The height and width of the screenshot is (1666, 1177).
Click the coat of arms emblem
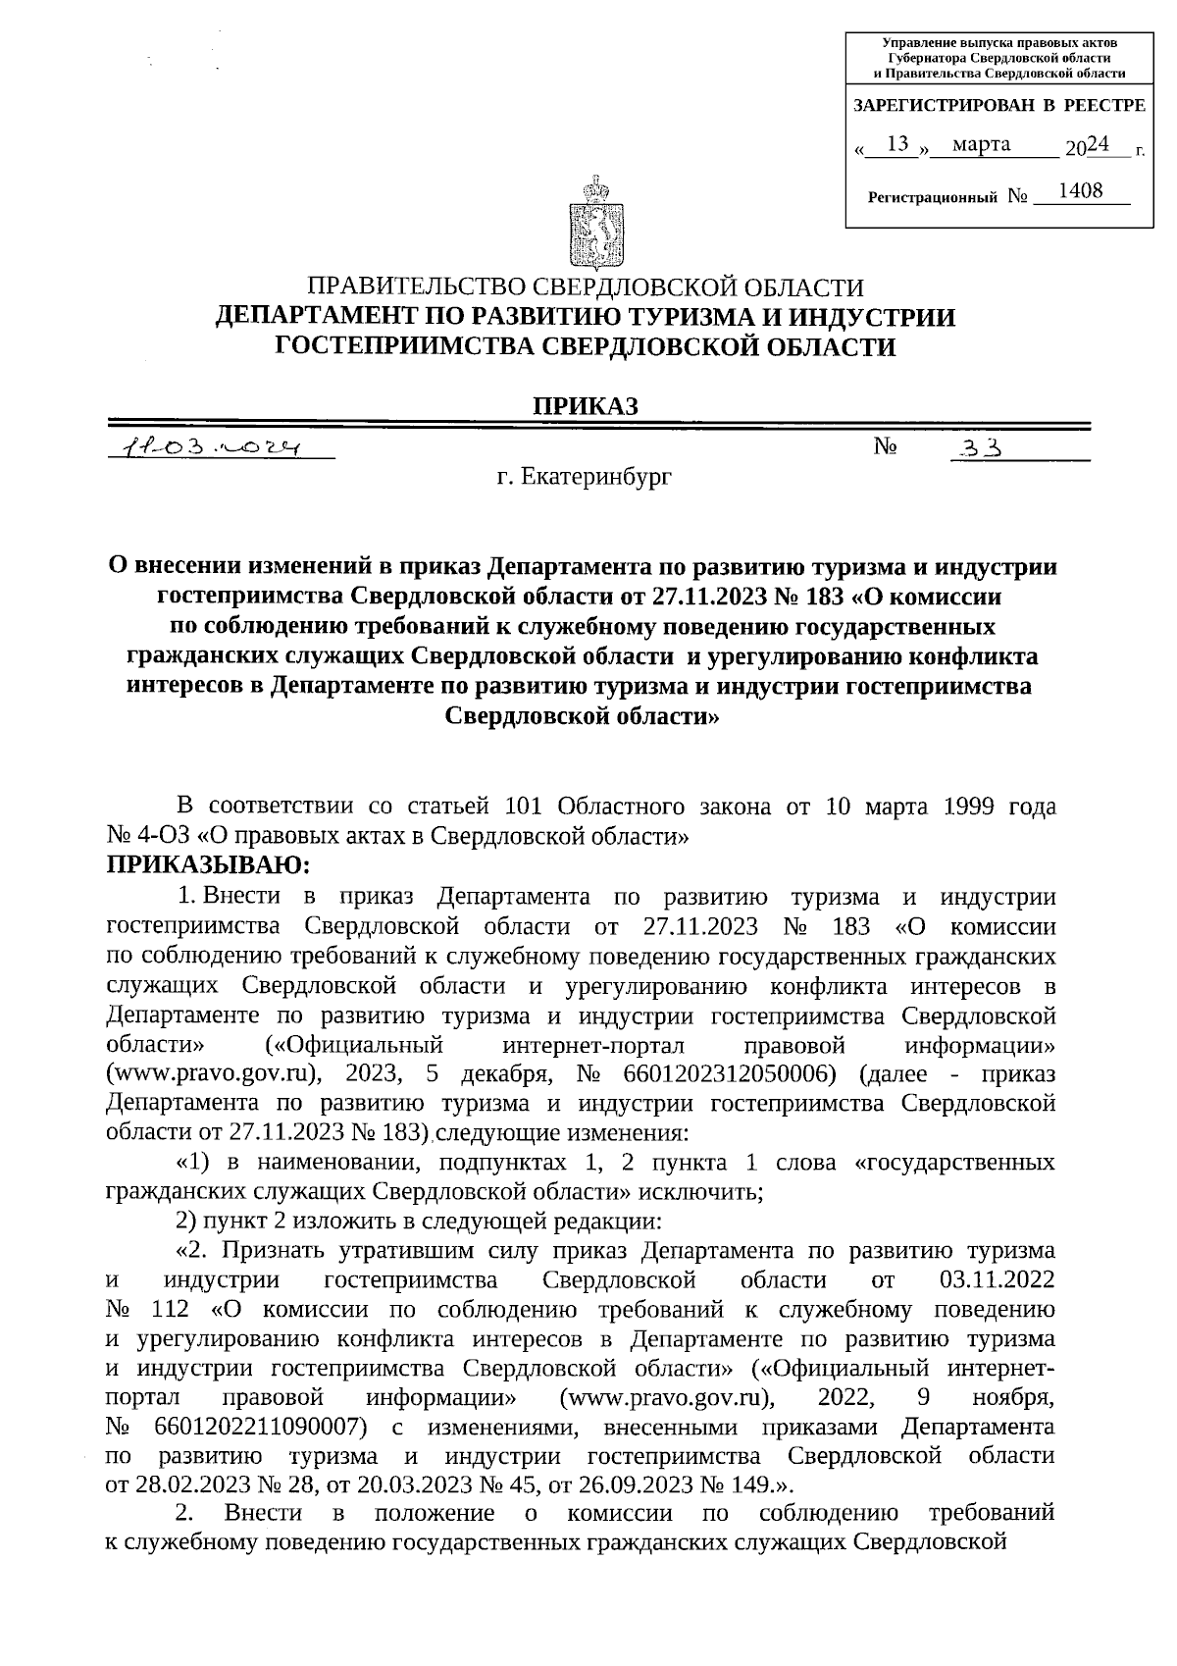[589, 224]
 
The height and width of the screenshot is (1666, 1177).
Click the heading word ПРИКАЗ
[586, 404]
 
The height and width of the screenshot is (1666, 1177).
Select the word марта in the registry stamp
[982, 145]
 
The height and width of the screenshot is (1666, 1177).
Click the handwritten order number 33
[981, 449]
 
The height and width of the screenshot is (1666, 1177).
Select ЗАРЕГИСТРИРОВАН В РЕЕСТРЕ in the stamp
[998, 105]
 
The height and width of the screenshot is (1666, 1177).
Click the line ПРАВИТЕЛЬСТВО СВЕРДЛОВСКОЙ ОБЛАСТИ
[586, 287]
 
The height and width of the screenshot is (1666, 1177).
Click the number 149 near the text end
[738, 1484]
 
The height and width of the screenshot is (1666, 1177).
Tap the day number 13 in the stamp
[896, 144]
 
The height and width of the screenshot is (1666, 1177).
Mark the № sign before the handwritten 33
[886, 447]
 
